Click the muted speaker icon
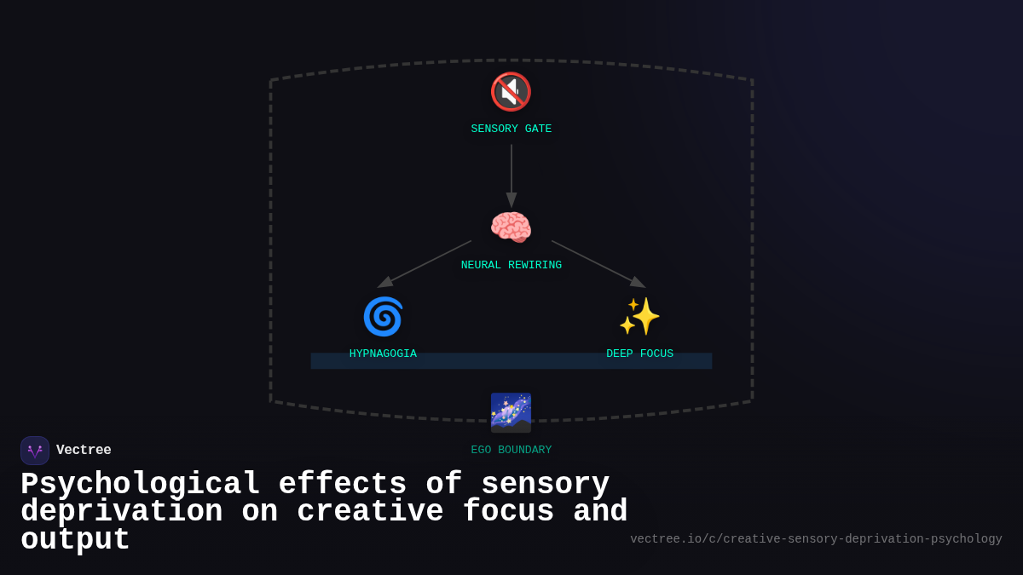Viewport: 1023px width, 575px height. [x=511, y=92]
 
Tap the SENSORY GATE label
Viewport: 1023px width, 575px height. [x=511, y=129]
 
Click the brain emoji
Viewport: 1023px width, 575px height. [x=511, y=227]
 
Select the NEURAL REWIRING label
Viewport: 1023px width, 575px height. [x=511, y=266]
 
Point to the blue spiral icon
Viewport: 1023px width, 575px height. [x=383, y=316]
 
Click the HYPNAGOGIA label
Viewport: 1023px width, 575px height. [x=383, y=354]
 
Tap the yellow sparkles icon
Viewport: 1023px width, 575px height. [x=639, y=316]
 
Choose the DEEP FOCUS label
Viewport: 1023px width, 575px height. [x=639, y=354]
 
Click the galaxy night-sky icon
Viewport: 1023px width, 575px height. [x=511, y=412]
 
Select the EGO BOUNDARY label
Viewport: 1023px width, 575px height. [x=511, y=451]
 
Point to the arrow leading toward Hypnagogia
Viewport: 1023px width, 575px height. [x=425, y=264]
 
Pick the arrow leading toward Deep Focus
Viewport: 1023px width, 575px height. [x=598, y=264]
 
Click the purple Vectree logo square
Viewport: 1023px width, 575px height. [x=35, y=451]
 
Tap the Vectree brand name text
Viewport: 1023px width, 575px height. [x=84, y=451]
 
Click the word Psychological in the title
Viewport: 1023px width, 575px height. [x=140, y=485]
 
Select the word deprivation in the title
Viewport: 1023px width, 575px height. [x=121, y=512]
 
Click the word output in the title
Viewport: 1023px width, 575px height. [x=75, y=540]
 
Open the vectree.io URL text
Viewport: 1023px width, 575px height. [x=816, y=539]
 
